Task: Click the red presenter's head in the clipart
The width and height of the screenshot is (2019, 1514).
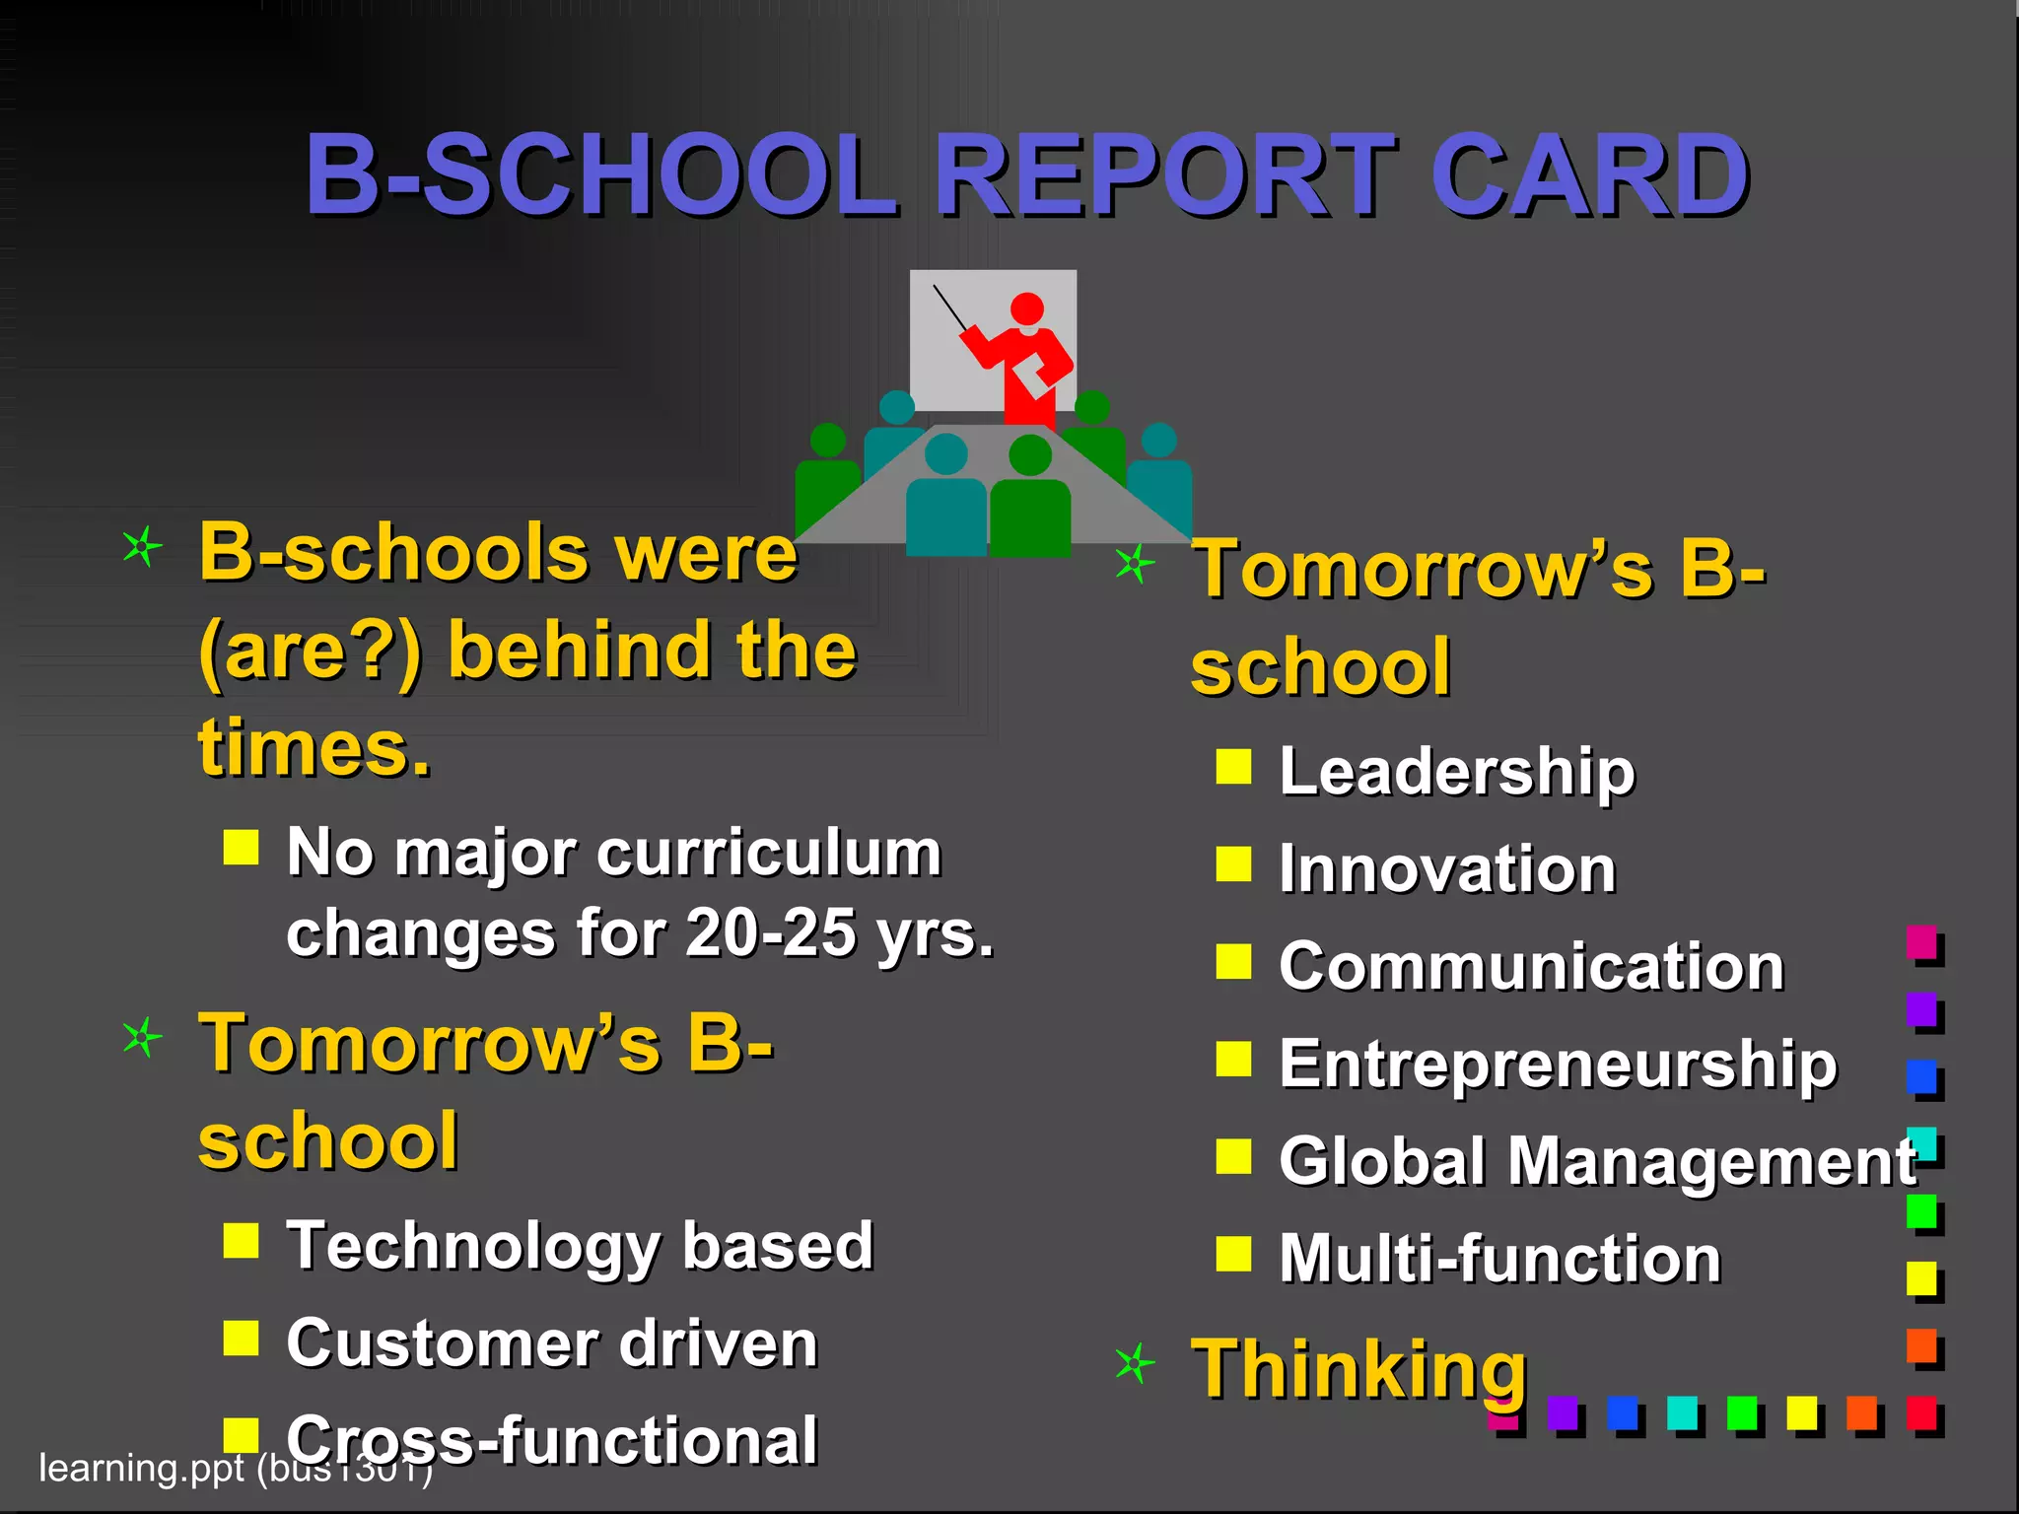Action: click(x=1027, y=309)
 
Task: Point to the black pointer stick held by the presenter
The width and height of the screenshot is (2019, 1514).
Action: click(x=950, y=307)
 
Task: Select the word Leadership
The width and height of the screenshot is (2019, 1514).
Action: click(x=1456, y=771)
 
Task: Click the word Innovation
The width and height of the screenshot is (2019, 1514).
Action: click(x=1447, y=869)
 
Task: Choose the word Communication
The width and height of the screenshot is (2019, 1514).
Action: click(x=1531, y=966)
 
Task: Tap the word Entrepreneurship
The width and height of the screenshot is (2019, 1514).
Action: click(x=1558, y=1065)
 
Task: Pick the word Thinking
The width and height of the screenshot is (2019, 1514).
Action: click(x=1358, y=1370)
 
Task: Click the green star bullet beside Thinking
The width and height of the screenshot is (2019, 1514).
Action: click(x=1135, y=1364)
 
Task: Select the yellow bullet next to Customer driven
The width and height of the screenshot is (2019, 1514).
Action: click(x=241, y=1339)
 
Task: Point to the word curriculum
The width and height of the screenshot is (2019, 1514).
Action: click(x=769, y=853)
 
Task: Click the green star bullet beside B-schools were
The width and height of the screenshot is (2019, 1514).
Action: click(x=142, y=546)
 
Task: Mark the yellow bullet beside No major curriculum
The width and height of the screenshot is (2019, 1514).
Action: click(x=241, y=847)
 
